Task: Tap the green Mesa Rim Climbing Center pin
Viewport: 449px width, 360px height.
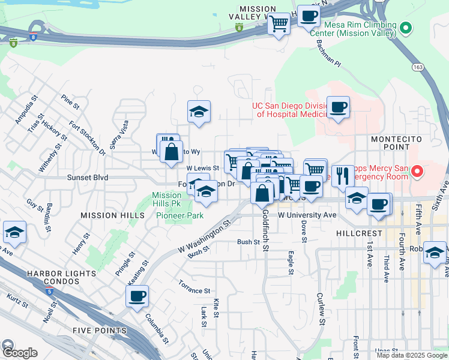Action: [406, 28]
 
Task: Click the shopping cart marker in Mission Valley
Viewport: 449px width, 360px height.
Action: [279, 24]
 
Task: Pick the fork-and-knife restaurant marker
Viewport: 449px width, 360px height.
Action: [342, 176]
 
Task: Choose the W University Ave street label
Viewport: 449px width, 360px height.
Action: [307, 214]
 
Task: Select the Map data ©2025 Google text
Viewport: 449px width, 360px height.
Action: [411, 355]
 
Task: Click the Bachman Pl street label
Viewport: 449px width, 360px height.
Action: [328, 55]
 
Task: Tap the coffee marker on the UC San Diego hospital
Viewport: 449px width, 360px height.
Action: [338, 107]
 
